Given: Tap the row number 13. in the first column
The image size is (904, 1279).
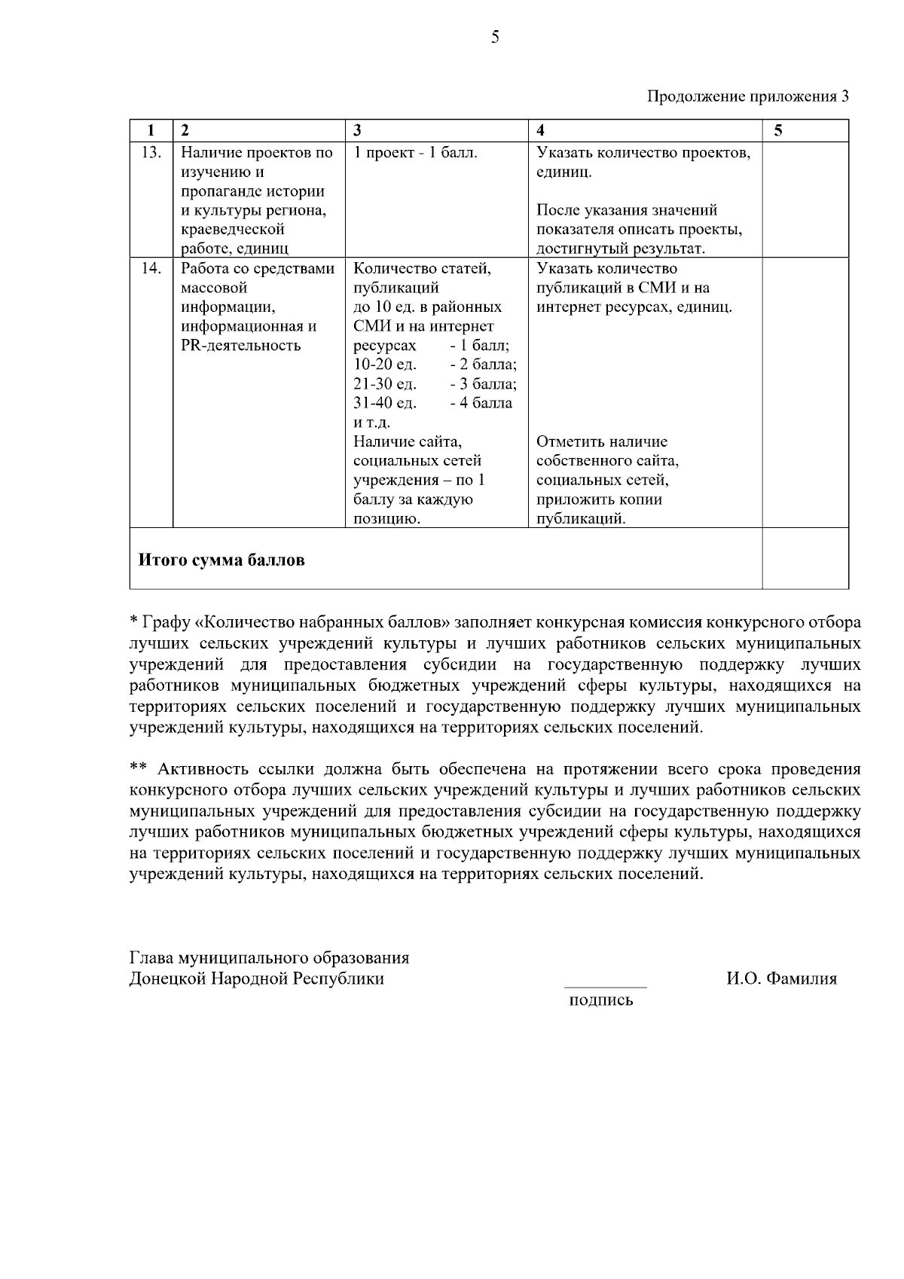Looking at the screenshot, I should pyautogui.click(x=151, y=153).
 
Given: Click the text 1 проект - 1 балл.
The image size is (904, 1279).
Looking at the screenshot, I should pyautogui.click(x=415, y=153).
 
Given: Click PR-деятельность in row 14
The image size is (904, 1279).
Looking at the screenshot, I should pyautogui.click(x=241, y=346).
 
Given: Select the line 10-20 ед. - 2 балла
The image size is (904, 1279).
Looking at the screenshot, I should pyautogui.click(x=435, y=365).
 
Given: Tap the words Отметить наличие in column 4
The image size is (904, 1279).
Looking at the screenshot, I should pyautogui.click(x=602, y=442).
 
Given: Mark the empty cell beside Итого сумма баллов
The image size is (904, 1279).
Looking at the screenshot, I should pyautogui.click(x=805, y=559).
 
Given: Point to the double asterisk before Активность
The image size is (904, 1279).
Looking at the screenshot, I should pyautogui.click(x=138, y=769).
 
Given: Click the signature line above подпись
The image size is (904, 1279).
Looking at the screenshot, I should pyautogui.click(x=605, y=986).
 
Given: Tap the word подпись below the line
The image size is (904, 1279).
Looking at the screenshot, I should pyautogui.click(x=601, y=1001).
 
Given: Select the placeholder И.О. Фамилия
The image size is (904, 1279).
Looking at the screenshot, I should pyautogui.click(x=781, y=979).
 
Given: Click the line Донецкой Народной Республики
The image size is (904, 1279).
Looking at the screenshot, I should pyautogui.click(x=257, y=979).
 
